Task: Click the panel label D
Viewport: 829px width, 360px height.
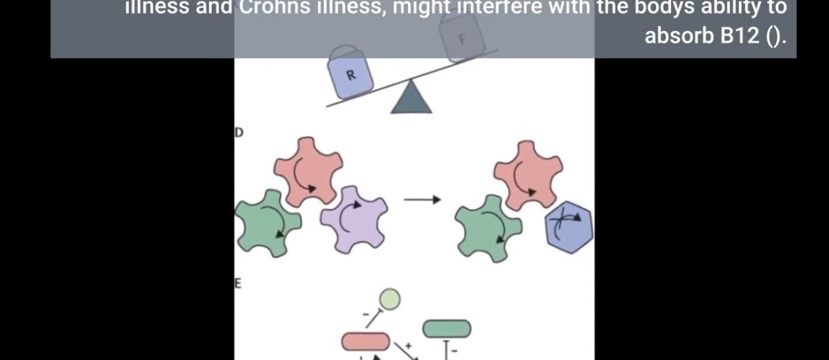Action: tap(239, 132)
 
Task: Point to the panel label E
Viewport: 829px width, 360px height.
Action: tap(239, 283)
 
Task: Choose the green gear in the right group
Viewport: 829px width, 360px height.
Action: tap(489, 227)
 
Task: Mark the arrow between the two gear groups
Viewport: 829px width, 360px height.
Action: tap(422, 200)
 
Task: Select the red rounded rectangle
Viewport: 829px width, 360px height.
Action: tap(366, 342)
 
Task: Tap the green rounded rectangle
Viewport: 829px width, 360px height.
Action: tap(446, 328)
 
